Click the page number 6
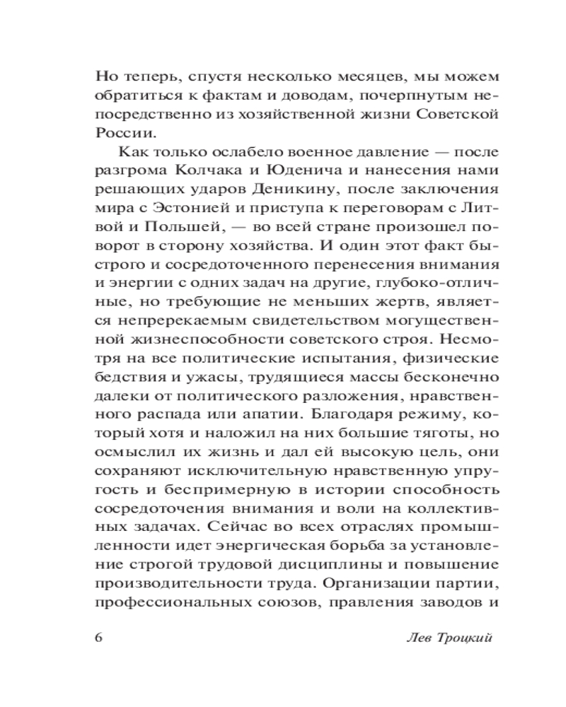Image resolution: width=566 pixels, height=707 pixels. [x=98, y=636]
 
